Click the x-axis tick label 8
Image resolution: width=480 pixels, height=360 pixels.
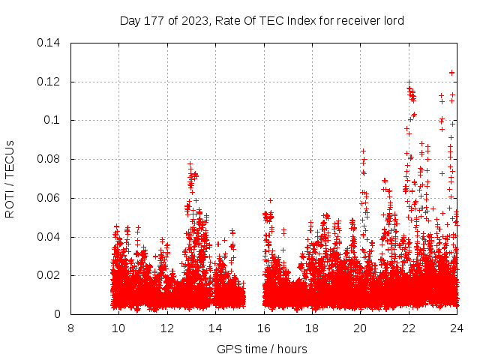coord(70,328)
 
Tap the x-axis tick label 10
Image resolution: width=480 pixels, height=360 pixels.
coord(118,328)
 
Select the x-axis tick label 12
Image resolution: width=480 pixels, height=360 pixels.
coord(167,328)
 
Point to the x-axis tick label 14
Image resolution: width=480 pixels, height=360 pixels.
coord(215,328)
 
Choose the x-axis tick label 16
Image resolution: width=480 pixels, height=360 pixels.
coord(264,328)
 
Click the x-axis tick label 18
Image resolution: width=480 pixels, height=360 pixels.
coord(312,328)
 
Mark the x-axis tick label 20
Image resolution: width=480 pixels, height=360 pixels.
coord(360,328)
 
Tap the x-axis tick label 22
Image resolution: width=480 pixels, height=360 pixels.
coord(409,328)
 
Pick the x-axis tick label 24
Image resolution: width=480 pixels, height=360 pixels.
coord(457,328)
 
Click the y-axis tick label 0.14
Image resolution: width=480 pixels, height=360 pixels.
coord(49,43)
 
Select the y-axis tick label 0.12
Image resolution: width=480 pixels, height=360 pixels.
coord(49,82)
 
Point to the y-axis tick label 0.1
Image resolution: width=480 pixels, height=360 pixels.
coord(52,120)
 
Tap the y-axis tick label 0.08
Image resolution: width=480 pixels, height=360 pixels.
coord(49,159)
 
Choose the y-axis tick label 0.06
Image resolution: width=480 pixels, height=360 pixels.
coord(49,198)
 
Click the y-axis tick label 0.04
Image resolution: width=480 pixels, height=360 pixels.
coord(49,237)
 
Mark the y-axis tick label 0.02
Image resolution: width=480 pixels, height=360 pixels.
coord(49,276)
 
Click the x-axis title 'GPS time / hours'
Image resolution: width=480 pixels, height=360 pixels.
coord(262,349)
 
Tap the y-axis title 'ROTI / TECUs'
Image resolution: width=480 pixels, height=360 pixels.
coord(10,178)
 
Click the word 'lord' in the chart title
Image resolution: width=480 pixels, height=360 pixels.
coord(393,21)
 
